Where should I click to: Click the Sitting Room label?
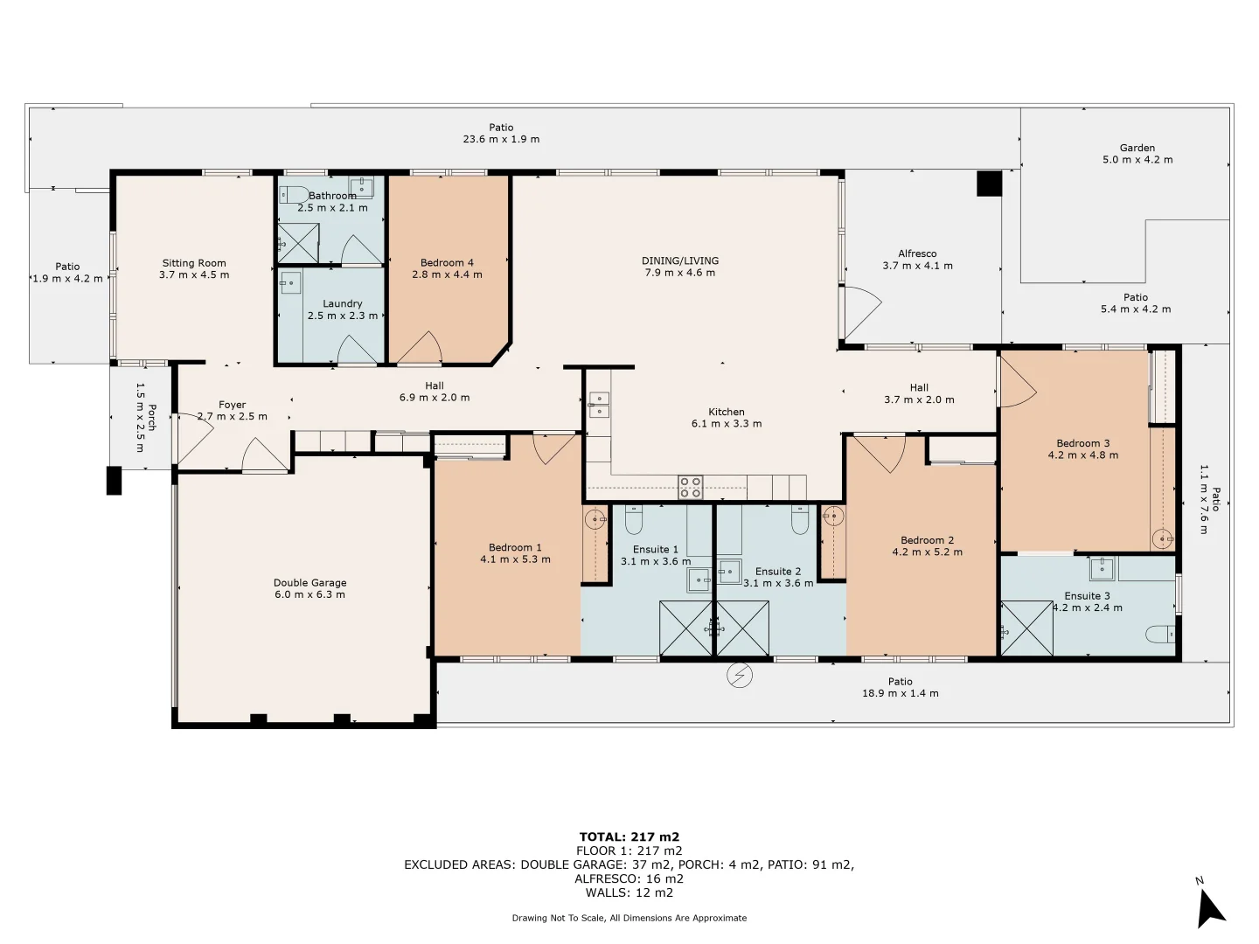194,263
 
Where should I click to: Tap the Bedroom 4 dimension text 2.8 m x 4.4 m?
447,274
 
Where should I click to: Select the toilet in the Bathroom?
294,195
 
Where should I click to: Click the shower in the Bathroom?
298,243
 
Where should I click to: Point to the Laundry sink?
290,282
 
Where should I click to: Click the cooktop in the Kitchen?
690,487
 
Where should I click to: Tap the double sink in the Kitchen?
599,405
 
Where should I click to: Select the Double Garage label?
310,583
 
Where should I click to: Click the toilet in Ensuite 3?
1160,635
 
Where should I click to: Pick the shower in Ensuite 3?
1026,628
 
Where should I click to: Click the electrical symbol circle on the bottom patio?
740,676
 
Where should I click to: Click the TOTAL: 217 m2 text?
629,836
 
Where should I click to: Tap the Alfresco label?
917,253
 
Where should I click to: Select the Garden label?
1137,148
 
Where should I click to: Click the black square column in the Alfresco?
989,184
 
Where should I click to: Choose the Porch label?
152,417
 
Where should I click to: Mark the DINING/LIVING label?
679,260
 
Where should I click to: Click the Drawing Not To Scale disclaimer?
629,918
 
